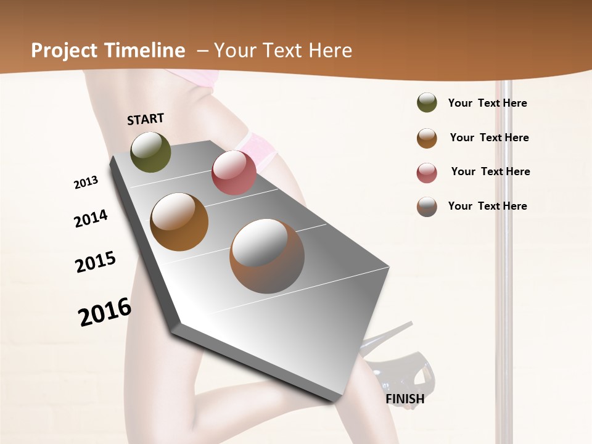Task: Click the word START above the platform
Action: click(x=146, y=119)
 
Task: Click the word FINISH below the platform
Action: click(x=405, y=399)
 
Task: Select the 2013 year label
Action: click(x=86, y=183)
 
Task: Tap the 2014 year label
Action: click(x=91, y=218)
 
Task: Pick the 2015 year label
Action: click(x=96, y=262)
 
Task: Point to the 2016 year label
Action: click(x=105, y=312)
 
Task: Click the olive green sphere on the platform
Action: click(x=150, y=152)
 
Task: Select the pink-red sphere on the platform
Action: click(x=234, y=173)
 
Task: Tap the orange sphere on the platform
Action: click(x=179, y=222)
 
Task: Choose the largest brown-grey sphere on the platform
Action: click(x=267, y=256)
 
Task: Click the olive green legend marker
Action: click(x=427, y=103)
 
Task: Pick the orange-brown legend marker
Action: click(x=427, y=138)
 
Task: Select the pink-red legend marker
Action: click(x=427, y=173)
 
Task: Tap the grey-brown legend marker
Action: click(x=427, y=207)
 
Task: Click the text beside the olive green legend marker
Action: click(x=487, y=103)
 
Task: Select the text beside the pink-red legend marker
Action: click(x=490, y=171)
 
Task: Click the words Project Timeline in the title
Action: click(x=108, y=51)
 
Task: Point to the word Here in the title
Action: click(x=330, y=51)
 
